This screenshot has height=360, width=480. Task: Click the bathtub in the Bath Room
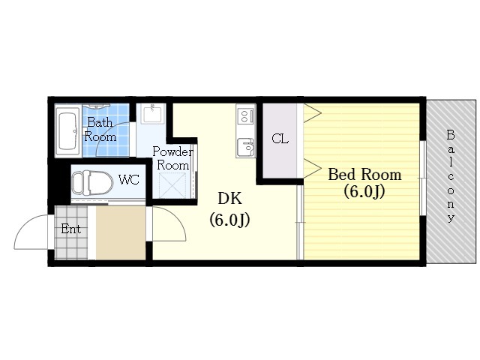point(68,131)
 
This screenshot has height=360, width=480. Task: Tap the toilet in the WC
point(92,182)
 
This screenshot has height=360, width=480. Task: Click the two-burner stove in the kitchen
point(246,115)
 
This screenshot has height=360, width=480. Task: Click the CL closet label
point(280,139)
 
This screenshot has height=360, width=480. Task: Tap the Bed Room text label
point(364,175)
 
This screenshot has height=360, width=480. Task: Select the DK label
point(230,198)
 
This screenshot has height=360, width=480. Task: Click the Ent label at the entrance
point(70,229)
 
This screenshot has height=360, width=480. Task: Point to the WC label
point(129,180)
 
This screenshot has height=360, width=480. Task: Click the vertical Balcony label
point(451,176)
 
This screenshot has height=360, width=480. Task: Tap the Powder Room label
point(172,158)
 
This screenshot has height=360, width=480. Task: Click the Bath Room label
point(100,130)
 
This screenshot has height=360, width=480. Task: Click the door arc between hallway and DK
point(177,218)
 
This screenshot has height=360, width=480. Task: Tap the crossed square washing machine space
point(172,185)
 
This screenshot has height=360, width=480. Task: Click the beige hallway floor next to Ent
point(121,232)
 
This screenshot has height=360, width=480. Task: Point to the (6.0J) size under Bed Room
point(364,192)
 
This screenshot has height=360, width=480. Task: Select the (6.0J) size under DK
point(229,220)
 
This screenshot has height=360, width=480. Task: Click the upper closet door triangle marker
point(312,113)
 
